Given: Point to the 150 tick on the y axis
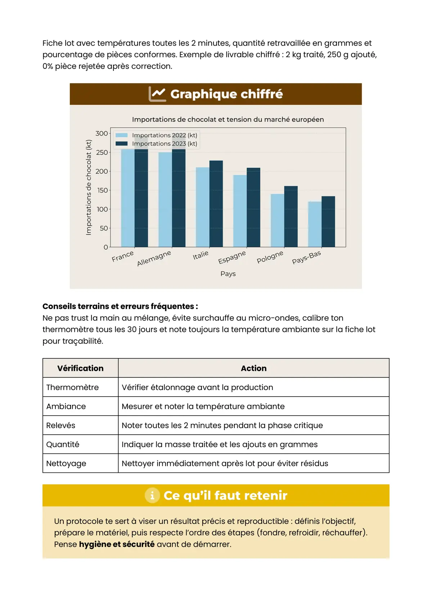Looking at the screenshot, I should point(102,190).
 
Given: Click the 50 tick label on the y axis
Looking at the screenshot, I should point(104,228).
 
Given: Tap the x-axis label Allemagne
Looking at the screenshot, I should point(154,258).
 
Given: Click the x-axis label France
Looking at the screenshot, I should point(123,256).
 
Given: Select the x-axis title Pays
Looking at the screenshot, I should point(228,274).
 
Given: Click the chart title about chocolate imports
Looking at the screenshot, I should point(228,119).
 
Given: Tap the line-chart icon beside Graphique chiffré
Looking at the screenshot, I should point(157,94).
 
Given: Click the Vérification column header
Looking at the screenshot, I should point(80,368).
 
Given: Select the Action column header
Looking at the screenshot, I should point(254,368).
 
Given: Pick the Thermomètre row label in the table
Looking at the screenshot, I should point(72,387).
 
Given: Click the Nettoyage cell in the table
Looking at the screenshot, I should point(66,463).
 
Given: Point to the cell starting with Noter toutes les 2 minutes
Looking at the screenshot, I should point(222,425).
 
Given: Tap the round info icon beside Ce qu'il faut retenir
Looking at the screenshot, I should point(152,495).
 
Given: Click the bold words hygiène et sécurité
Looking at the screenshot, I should point(117,544).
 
